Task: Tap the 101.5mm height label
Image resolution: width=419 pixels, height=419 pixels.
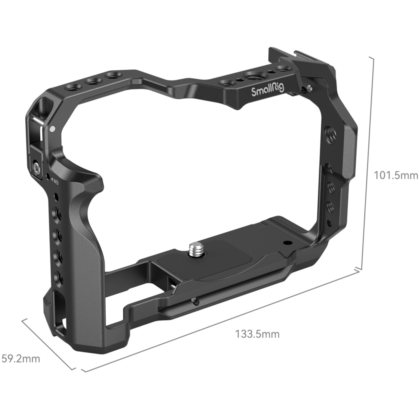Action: coord(396,175)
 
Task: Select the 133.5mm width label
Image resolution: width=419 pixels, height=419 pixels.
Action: coord(257,334)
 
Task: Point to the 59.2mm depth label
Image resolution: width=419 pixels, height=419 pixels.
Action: coord(21,358)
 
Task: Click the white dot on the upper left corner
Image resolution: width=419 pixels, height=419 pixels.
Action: coord(52,129)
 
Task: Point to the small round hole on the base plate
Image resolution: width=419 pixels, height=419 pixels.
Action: coord(286,243)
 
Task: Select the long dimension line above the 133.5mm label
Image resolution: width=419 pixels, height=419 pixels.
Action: coord(221,321)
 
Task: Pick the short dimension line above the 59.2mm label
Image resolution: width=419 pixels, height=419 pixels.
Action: coord(49,344)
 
